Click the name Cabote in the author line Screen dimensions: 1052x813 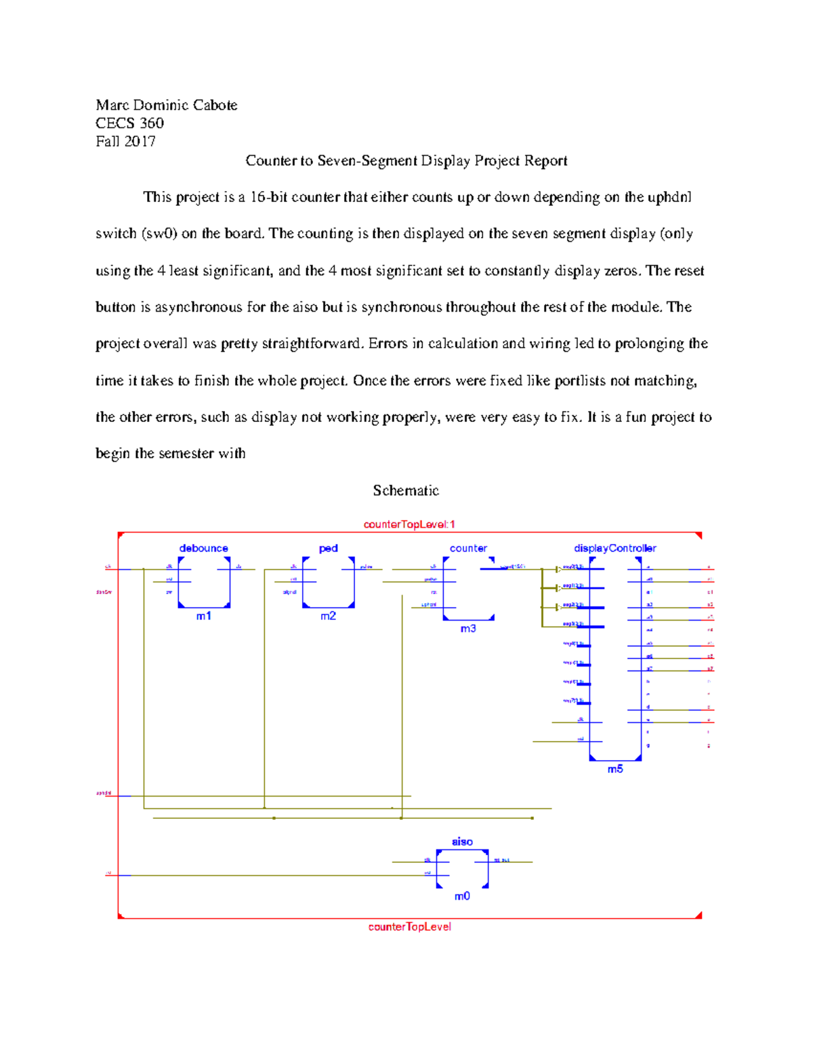point(214,105)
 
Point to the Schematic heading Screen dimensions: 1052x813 point(406,490)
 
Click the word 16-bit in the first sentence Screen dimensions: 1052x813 point(268,197)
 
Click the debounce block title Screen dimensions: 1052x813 point(203,549)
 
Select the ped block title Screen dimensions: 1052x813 point(328,549)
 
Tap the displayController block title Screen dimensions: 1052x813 point(614,549)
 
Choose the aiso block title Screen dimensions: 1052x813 point(462,842)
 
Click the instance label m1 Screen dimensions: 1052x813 point(203,616)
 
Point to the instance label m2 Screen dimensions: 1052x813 point(328,616)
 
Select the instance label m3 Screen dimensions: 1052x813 point(468,629)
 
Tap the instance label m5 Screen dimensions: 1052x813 point(614,770)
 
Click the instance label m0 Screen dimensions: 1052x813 point(462,897)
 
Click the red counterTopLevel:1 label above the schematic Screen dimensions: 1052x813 point(409,524)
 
